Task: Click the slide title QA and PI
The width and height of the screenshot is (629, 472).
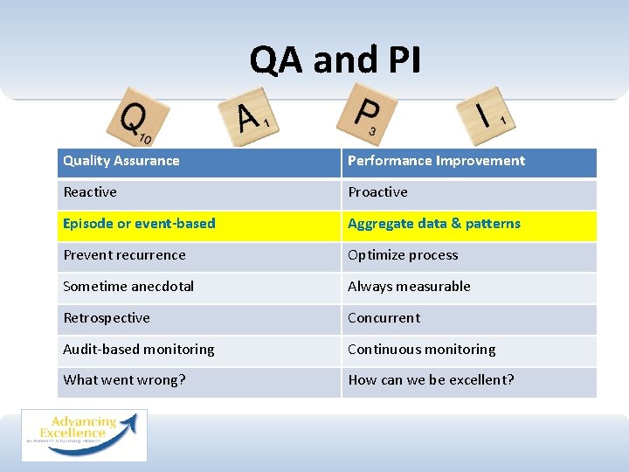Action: pyautogui.click(x=335, y=60)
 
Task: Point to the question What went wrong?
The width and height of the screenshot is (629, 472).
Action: pyautogui.click(x=124, y=380)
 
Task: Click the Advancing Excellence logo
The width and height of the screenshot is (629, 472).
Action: pyautogui.click(x=84, y=434)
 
